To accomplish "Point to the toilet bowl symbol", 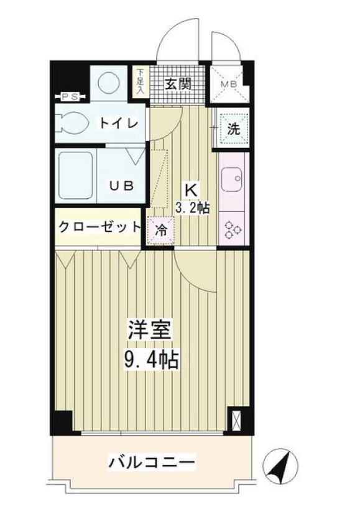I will pos(74,122).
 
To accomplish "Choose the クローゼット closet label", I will pos(99,227).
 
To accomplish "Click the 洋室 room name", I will pos(150,331).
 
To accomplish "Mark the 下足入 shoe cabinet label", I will pos(141,81).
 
